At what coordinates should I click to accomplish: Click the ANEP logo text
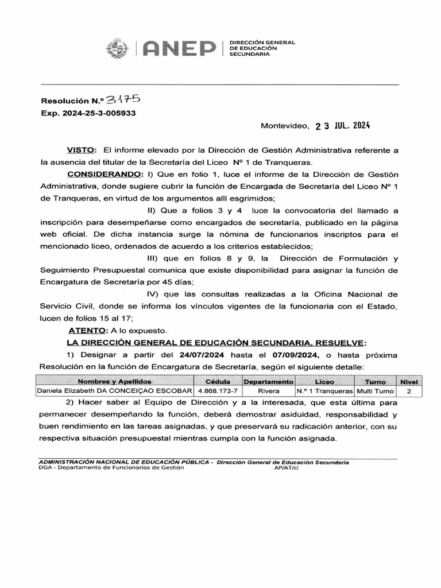pos(179,49)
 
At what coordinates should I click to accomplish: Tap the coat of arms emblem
pos(117,49)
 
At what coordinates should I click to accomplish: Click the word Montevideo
pos(284,126)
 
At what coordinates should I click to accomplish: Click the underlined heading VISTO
pos(81,150)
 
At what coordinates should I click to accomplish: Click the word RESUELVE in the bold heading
pos(336,343)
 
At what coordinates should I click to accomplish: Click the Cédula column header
pos(218,381)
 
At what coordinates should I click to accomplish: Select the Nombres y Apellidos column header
pos(114,381)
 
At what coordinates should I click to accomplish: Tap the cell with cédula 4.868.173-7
pos(218,391)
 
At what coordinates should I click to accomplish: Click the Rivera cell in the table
pos(269,391)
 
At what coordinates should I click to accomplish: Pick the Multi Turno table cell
pos(375,391)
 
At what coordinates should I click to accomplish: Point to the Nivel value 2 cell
pos(409,391)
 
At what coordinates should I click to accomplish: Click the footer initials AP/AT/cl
pos(287,467)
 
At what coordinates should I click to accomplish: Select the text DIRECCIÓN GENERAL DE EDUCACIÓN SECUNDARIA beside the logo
pos(262,48)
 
